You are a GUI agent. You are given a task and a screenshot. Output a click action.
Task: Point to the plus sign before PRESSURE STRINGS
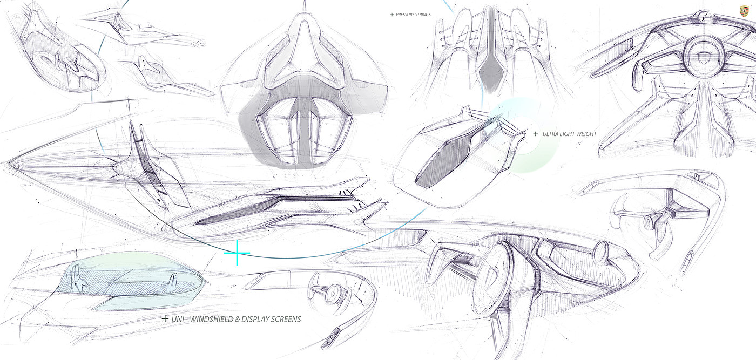tap(392, 15)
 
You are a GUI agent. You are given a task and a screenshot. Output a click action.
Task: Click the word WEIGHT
tap(586, 133)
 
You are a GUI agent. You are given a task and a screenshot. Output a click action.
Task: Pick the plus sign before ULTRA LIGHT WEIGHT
tap(535, 133)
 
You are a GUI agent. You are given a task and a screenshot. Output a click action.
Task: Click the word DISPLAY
tap(256, 319)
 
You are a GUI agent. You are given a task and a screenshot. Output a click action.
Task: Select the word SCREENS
tap(287, 319)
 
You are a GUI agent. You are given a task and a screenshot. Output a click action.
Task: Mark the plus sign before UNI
tap(165, 319)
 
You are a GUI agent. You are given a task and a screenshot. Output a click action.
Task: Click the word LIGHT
tap(568, 133)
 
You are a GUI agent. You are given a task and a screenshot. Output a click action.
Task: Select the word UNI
tap(178, 319)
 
